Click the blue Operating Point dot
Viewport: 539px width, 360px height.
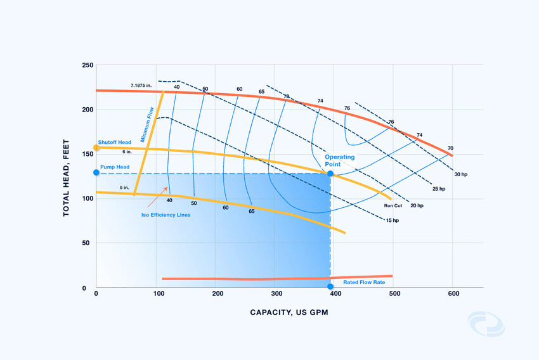[330, 173]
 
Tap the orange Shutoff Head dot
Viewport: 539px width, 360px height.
[96, 148]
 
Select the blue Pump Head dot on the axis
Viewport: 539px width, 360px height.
[96, 172]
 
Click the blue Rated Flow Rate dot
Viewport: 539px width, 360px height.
[330, 286]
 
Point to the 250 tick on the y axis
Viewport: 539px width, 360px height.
[88, 65]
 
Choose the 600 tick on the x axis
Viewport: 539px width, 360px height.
[453, 293]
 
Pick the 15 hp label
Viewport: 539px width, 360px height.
[392, 221]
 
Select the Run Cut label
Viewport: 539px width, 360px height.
[394, 205]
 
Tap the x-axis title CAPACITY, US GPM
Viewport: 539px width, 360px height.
[289, 312]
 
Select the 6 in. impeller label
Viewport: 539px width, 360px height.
[127, 151]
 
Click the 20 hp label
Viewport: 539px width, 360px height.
[417, 205]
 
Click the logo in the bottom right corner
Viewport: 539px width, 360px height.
[486, 323]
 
